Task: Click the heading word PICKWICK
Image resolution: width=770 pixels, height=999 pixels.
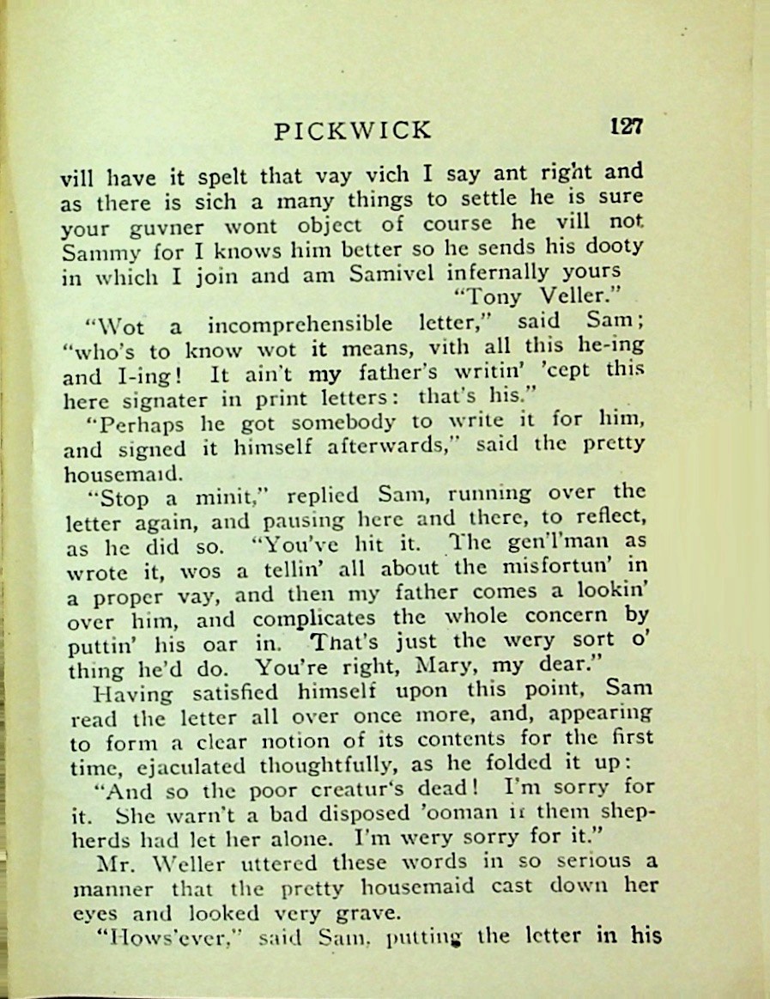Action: tap(352, 131)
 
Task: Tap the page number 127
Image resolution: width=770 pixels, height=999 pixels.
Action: tap(627, 126)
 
